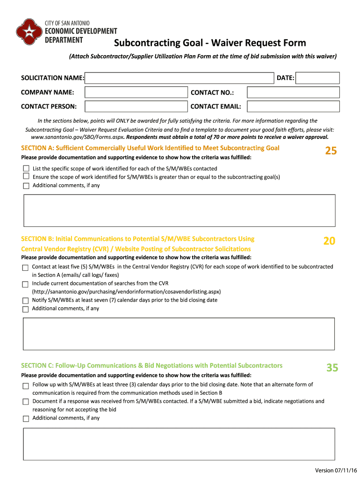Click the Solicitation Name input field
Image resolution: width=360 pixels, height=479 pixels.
click(x=179, y=78)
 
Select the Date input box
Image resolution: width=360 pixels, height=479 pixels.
click(x=318, y=78)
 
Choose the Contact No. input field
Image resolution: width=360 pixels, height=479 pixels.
click(x=293, y=93)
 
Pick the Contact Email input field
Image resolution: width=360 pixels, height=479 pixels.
click(x=293, y=107)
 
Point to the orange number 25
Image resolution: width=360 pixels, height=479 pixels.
click(x=331, y=151)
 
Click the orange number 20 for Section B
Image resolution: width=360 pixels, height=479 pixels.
click(x=329, y=241)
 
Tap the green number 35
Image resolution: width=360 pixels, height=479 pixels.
click(x=332, y=368)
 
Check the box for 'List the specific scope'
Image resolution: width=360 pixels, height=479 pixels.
click(x=26, y=168)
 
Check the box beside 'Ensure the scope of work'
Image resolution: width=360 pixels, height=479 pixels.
click(x=26, y=177)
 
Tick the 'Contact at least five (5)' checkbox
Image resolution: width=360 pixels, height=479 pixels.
click(x=25, y=268)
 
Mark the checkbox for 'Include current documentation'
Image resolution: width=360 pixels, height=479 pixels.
click(x=25, y=284)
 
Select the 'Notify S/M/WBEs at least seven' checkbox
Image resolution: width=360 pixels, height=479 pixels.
click(x=25, y=301)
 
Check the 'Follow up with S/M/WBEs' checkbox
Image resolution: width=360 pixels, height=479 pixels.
click(x=26, y=385)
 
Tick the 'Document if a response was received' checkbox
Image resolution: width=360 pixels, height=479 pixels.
click(x=26, y=402)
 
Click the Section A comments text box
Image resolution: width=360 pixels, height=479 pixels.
click(x=179, y=210)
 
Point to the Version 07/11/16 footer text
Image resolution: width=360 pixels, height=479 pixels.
click(x=335, y=470)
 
